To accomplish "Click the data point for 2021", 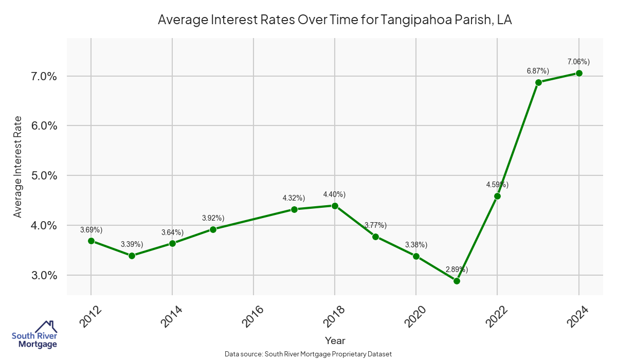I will (457, 281).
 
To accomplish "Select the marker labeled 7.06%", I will (579, 73).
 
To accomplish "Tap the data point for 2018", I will (335, 206).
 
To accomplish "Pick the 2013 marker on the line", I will (132, 256).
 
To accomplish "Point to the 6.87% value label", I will (538, 71).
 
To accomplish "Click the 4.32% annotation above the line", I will (294, 198).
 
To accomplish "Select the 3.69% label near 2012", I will (91, 229).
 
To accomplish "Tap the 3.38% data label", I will (416, 245).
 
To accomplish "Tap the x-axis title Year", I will (335, 340).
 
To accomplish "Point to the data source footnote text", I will (308, 354).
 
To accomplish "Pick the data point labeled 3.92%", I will (213, 229).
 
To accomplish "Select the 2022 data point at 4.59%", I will (497, 196).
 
